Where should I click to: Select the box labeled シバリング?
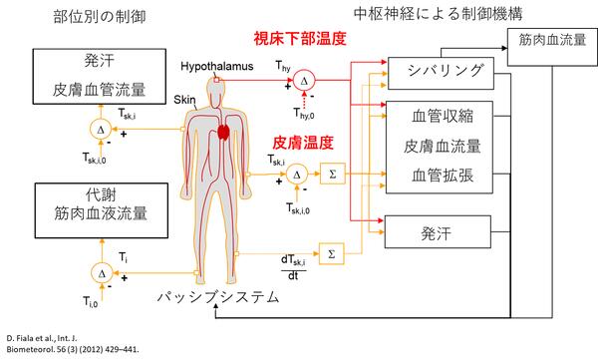click(x=439, y=72)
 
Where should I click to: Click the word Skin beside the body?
click(x=184, y=100)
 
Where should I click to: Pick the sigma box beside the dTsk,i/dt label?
click(x=333, y=252)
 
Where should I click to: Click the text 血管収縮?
click(x=439, y=117)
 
